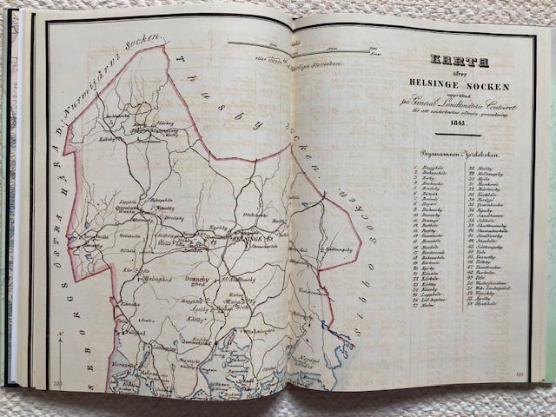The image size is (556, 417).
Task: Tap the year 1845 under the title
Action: point(460,122)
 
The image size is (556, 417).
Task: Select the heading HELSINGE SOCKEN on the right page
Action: point(459,81)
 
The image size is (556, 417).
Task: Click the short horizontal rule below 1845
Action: point(460,134)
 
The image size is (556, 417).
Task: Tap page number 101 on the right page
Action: point(520,376)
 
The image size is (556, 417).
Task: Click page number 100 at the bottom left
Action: point(58,382)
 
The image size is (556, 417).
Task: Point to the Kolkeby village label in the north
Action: point(109,136)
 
